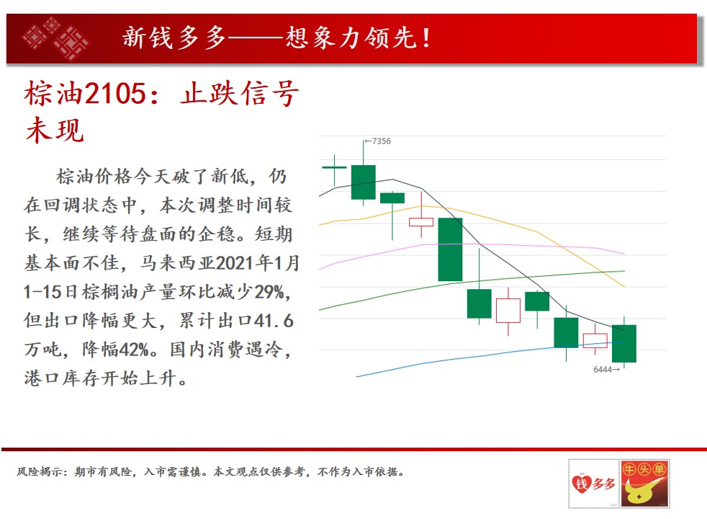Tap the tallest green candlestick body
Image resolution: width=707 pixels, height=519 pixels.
pos(450,249)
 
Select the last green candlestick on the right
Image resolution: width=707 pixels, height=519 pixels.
pos(624,343)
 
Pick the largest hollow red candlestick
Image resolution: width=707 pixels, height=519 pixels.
pos(508,311)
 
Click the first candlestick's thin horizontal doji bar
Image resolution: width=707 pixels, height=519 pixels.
pos(334,167)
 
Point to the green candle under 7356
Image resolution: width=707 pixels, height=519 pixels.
pos(364,182)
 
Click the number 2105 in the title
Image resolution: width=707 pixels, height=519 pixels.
pos(115,94)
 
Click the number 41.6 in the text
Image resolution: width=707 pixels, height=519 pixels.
pos(274,321)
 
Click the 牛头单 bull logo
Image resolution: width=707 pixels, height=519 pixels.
pos(644,484)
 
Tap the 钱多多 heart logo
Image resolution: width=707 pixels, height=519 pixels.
pos(594,484)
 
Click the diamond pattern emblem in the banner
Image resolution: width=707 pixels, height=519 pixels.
pos(56,39)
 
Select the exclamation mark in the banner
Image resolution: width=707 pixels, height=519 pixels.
pos(425,38)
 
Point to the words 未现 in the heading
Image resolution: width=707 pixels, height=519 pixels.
pos(55,130)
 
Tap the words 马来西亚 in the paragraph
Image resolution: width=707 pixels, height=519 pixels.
pos(177,263)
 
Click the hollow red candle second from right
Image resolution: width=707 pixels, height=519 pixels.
pos(595,341)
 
